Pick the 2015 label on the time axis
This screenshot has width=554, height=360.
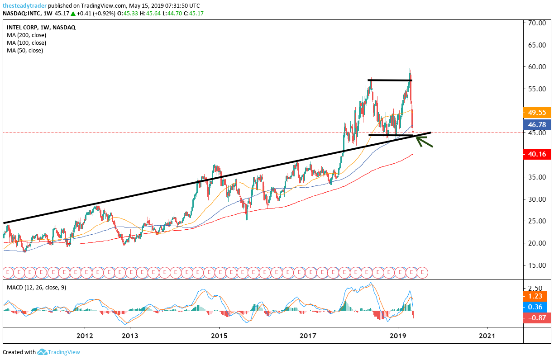tap(219, 336)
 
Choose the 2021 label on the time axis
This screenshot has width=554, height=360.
tap(487, 336)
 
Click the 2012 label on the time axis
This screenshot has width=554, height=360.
tap(85, 336)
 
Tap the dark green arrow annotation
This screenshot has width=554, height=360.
tap(424, 142)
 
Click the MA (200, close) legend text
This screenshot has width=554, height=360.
tap(26, 35)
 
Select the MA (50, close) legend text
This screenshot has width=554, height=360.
tap(25, 51)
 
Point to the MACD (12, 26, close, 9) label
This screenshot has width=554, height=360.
tap(36, 288)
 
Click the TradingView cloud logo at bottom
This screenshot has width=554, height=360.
tap(43, 352)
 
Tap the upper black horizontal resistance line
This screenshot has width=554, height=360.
tap(390, 80)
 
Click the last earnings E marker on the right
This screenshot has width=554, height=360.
tap(422, 272)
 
